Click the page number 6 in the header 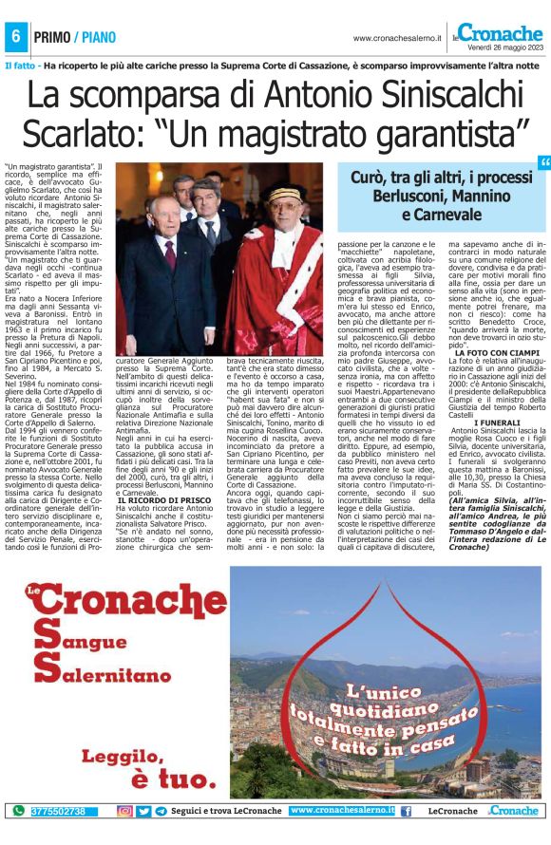[x=15, y=35]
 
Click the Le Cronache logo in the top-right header [x=498, y=32]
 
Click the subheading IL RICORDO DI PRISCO [x=169, y=458]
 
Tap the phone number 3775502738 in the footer [x=58, y=811]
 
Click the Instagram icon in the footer [x=124, y=811]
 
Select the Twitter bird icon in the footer [x=143, y=811]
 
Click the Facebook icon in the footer [x=406, y=811]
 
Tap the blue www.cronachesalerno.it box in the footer [x=342, y=811]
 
